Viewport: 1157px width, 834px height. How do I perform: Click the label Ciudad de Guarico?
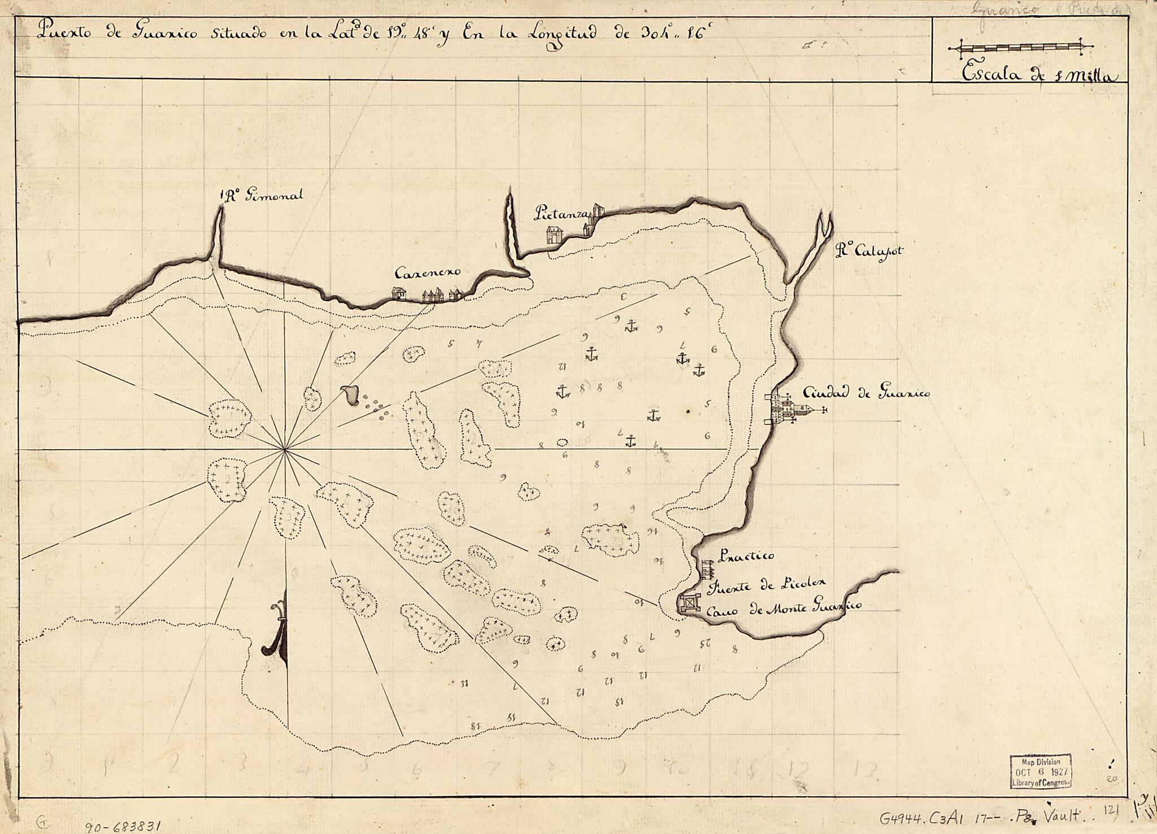click(x=865, y=394)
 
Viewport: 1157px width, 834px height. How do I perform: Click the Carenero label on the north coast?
click(x=428, y=273)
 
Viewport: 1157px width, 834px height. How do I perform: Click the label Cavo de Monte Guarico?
click(x=784, y=607)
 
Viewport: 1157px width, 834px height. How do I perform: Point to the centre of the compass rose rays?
click(x=285, y=449)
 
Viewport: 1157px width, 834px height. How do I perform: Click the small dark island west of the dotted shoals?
click(x=350, y=394)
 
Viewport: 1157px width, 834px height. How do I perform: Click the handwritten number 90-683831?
click(x=124, y=825)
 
